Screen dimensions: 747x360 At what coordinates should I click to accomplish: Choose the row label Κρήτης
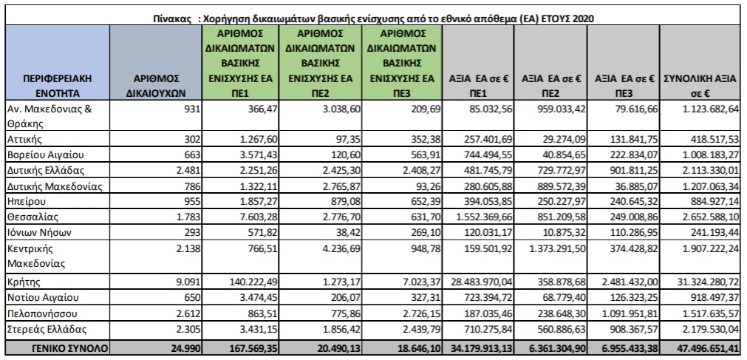click(23, 281)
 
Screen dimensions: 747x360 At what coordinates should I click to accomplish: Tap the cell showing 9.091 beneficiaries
click(190, 281)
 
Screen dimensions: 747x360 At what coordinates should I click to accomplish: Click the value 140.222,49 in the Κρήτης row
click(253, 281)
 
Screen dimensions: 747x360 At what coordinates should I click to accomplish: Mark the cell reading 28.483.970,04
click(482, 281)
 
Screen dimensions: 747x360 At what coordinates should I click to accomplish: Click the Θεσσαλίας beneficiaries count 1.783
click(190, 217)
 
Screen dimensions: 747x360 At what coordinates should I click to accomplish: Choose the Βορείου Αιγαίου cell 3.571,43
click(258, 155)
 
